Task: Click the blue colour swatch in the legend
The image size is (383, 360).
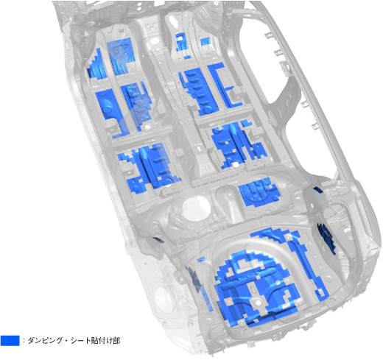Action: [10, 340]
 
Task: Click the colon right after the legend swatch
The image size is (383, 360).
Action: [24, 341]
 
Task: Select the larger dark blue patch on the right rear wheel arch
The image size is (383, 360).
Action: [326, 237]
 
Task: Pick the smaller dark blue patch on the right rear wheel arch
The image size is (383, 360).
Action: [318, 190]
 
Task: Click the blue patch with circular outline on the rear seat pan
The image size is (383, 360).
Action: [259, 191]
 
